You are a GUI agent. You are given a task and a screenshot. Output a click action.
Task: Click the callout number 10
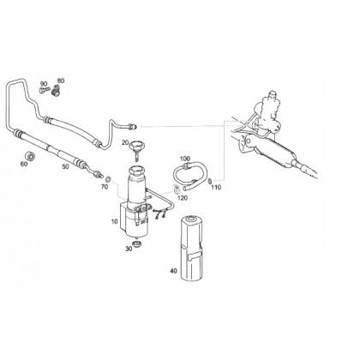tap(115, 221)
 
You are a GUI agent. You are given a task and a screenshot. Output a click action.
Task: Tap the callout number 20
tap(125, 142)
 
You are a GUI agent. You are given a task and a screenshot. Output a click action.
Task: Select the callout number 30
tap(129, 249)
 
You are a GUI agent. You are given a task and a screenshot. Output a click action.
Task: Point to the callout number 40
tap(173, 271)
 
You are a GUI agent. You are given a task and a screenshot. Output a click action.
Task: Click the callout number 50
tap(66, 166)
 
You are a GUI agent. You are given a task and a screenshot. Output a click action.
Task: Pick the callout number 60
tap(24, 164)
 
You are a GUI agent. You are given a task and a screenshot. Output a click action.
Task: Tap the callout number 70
tap(105, 187)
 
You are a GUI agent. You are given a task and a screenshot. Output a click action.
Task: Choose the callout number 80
tap(61, 81)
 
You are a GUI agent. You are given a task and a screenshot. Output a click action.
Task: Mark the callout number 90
tap(44, 84)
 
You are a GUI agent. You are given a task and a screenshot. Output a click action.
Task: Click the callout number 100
tap(185, 159)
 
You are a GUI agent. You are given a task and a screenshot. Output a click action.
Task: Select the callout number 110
tap(216, 188)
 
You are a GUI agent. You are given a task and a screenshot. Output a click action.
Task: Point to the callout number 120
tap(183, 198)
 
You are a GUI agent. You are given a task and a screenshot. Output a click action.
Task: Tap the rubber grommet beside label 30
tap(137, 245)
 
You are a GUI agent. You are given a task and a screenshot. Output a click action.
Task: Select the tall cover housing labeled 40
tap(192, 249)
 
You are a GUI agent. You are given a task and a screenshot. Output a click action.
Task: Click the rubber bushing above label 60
tap(30, 156)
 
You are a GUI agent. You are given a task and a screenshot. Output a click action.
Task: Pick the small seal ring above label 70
tap(108, 179)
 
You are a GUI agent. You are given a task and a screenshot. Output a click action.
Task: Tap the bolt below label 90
tap(43, 90)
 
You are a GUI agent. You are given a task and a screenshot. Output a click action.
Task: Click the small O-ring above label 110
tap(210, 181)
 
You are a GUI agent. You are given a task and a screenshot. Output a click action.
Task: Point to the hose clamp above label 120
tap(177, 189)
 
